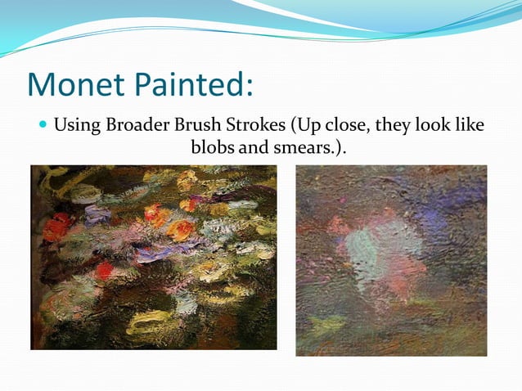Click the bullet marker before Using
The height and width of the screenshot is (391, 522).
(x=43, y=127)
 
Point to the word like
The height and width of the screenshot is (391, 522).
(x=467, y=127)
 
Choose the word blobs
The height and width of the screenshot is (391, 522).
(x=212, y=149)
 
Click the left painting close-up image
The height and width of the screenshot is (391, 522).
(x=153, y=257)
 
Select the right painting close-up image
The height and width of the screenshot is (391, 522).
(x=391, y=260)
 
